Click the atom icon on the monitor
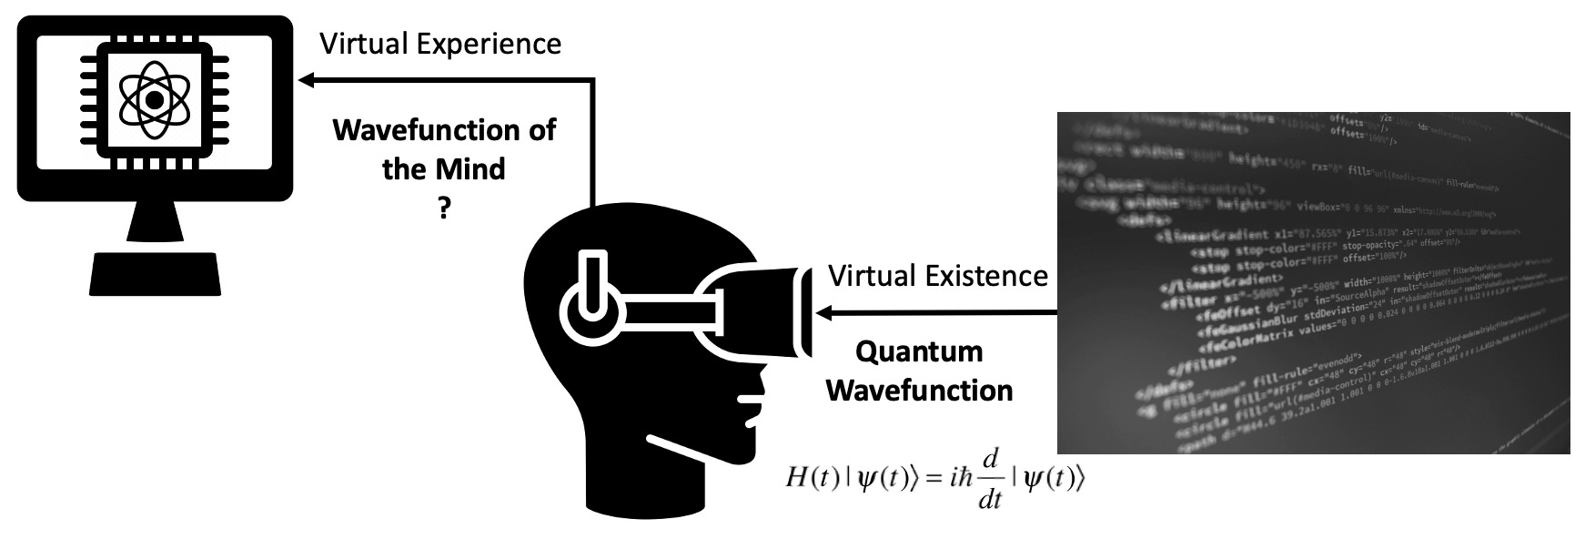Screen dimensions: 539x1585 [x=155, y=97]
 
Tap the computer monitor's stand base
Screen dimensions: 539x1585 [x=155, y=273]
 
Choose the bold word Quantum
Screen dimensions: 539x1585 [x=920, y=351]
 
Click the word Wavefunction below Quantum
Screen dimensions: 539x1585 [x=920, y=391]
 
